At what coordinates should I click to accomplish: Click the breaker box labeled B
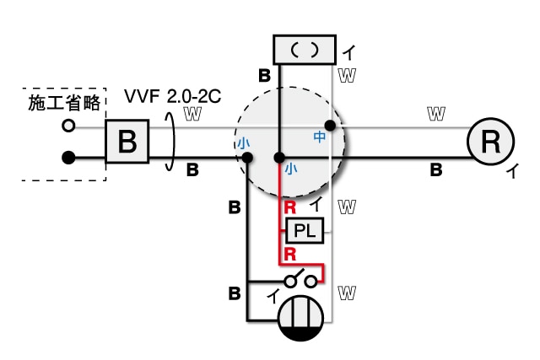pyautogui.click(x=127, y=141)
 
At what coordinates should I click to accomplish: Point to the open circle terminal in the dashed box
pyautogui.click(x=68, y=126)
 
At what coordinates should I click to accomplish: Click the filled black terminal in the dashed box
pyautogui.click(x=68, y=157)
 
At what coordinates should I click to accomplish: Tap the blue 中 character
pyautogui.click(x=319, y=135)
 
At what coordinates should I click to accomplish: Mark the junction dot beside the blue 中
pyautogui.click(x=331, y=126)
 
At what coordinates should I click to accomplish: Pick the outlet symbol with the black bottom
pyautogui.click(x=301, y=320)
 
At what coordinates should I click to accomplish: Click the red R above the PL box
pyautogui.click(x=289, y=207)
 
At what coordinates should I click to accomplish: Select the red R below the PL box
pyautogui.click(x=289, y=253)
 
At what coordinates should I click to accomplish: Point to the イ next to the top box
pyautogui.click(x=348, y=53)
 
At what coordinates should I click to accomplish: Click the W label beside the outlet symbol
pyautogui.click(x=344, y=292)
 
